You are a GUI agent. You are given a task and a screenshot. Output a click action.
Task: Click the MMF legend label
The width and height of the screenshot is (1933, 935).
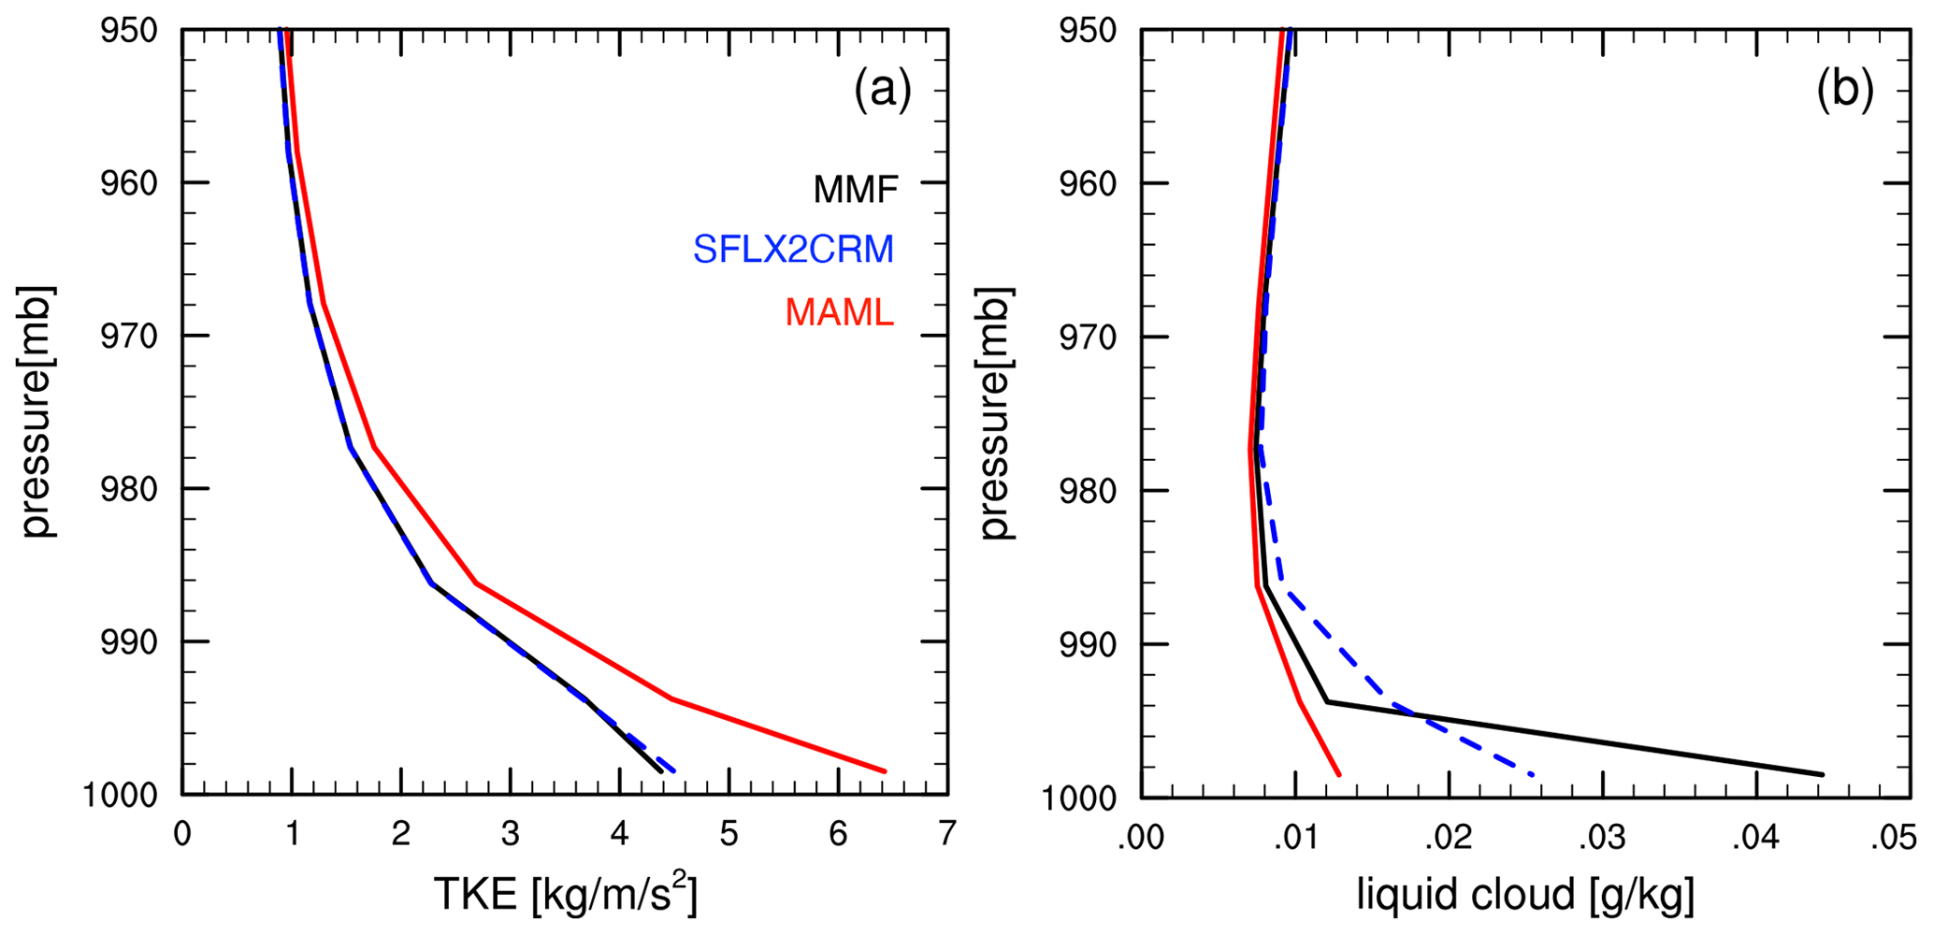tap(855, 190)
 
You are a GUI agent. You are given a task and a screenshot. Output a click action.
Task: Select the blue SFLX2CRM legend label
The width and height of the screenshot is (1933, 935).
tap(793, 250)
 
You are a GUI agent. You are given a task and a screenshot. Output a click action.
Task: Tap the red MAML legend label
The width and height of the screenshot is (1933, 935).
tap(839, 312)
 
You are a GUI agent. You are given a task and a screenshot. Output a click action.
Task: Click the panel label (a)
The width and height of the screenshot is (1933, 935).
tap(882, 91)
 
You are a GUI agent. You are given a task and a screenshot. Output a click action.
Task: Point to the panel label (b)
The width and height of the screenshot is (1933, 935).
tap(1844, 91)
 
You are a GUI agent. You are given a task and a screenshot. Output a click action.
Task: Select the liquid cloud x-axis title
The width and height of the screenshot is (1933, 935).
tap(1525, 895)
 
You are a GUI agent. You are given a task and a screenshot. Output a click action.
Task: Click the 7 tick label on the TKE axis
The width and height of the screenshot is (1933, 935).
tap(947, 833)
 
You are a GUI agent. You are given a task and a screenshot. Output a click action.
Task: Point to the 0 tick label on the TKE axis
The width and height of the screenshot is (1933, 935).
tap(182, 833)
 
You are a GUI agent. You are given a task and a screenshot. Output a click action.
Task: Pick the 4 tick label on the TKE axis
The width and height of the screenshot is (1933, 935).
tap(619, 833)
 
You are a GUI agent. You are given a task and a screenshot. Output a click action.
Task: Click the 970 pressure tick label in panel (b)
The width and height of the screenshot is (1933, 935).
tap(1089, 337)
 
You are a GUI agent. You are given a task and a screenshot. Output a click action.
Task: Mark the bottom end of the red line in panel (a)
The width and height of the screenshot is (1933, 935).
tap(884, 771)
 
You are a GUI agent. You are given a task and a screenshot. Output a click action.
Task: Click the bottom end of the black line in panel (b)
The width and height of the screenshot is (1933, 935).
tap(1823, 774)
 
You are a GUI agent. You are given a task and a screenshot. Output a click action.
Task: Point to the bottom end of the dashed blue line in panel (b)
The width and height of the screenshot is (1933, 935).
tap(1533, 774)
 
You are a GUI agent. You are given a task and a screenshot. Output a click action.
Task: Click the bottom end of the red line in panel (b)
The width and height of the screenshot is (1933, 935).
tap(1339, 774)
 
